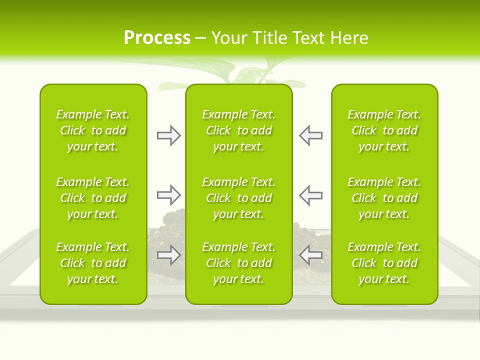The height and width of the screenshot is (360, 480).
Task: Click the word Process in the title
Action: pyautogui.click(x=157, y=38)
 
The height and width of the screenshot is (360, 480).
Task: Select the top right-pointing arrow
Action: pyautogui.click(x=168, y=135)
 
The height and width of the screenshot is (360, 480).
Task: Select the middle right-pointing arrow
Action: pyautogui.click(x=168, y=195)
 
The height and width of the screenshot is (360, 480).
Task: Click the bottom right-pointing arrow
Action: pyautogui.click(x=168, y=255)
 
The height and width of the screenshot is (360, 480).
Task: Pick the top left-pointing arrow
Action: pyautogui.click(x=311, y=135)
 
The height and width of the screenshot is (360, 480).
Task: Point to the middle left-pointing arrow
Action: pyautogui.click(x=311, y=195)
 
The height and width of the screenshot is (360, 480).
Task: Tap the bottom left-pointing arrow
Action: pyautogui.click(x=311, y=255)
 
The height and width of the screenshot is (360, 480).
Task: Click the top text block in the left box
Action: pyautogui.click(x=93, y=130)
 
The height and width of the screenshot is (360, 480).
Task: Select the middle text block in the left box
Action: pyautogui.click(x=93, y=198)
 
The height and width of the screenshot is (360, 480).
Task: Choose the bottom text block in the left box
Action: pyautogui.click(x=93, y=263)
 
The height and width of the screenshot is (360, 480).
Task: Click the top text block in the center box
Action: pyautogui.click(x=238, y=130)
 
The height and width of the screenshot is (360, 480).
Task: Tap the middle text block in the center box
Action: pyautogui.click(x=238, y=198)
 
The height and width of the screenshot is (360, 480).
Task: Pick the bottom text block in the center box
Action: pyautogui.click(x=238, y=263)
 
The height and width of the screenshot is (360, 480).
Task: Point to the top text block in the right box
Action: pyautogui.click(x=384, y=130)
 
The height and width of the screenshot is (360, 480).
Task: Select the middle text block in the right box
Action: pyautogui.click(x=384, y=198)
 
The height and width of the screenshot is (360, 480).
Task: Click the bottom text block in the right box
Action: pyautogui.click(x=384, y=263)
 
